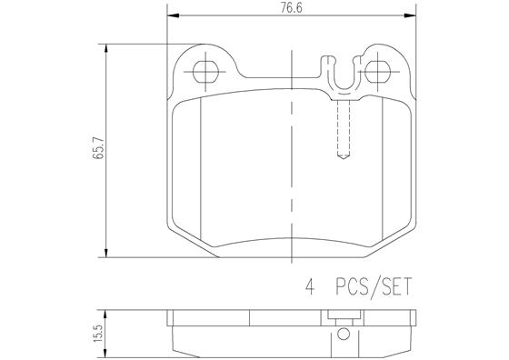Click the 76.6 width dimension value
tap(291, 8)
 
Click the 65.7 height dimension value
tap(98, 148)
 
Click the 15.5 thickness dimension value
tap(98, 333)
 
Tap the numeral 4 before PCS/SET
tap(310, 286)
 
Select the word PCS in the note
tap(352, 286)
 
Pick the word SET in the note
tap(396, 286)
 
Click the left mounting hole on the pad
tap(205, 72)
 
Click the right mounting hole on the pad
tap(377, 72)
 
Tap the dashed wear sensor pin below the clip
tap(344, 129)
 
